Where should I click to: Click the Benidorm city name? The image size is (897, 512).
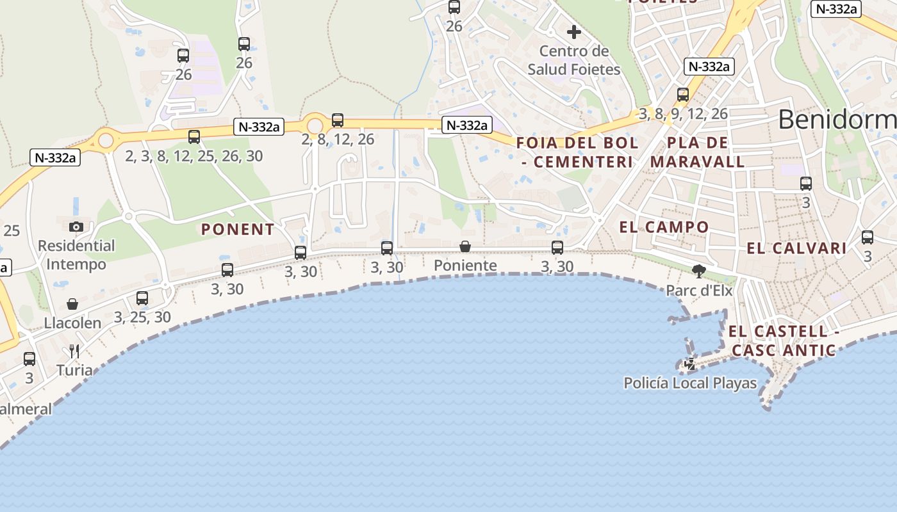pos(837,120)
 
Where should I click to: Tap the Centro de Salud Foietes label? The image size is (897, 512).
pos(574,60)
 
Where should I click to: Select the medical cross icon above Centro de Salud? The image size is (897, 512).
pos(574,31)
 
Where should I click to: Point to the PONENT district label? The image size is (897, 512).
pos(238,229)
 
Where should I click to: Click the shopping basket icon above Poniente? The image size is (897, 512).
pos(465,246)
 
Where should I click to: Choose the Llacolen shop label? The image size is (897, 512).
pos(72,323)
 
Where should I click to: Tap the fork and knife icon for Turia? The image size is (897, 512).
pos(74,351)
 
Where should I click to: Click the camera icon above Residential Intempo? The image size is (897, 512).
pos(76,227)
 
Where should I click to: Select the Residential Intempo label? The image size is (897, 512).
pos(76,255)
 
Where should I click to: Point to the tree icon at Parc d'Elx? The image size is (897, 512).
pos(698,271)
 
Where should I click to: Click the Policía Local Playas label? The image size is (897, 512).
pos(690,383)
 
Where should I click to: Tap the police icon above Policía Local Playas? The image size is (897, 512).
pos(690,364)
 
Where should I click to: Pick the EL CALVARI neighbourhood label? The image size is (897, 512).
pos(796,248)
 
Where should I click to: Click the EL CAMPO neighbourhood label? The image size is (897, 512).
pos(664,227)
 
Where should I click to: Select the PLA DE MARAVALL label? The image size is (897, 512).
pos(698,152)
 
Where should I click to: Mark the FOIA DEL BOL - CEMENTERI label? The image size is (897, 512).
pos(578,152)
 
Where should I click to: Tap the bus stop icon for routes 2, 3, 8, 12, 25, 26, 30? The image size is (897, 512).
pos(194,136)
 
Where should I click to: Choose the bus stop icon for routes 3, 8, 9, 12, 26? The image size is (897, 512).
pos(683,95)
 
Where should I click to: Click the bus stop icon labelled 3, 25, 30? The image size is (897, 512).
pos(142,298)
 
